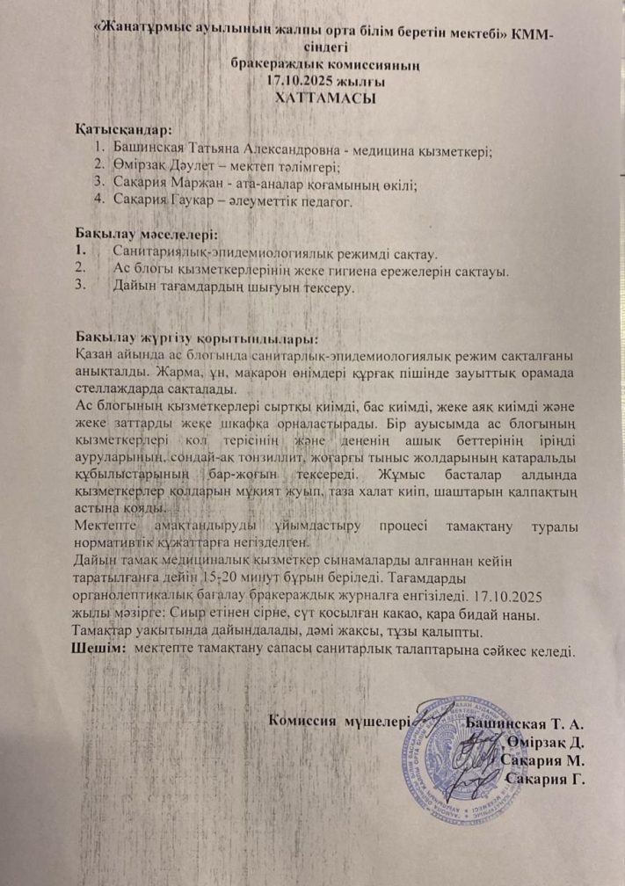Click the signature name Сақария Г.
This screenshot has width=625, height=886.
coord(546,778)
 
